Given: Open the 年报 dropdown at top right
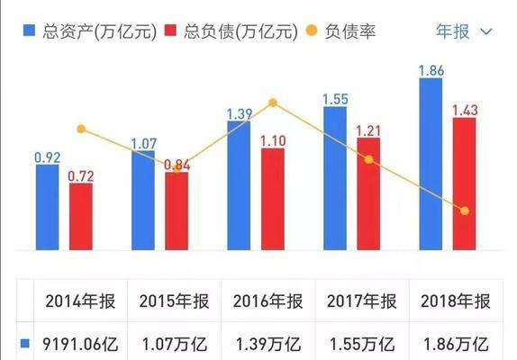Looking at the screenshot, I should click(464, 31).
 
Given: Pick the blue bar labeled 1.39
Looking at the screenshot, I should click(239, 184).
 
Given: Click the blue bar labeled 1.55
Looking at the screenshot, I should click(335, 178).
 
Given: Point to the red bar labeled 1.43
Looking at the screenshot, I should click(464, 184).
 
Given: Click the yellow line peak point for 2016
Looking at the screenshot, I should click(273, 103).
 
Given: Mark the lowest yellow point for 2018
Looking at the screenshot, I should click(465, 211).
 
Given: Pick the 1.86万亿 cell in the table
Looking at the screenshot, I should click(455, 344).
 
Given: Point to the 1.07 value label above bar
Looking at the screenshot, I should click(144, 143).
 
